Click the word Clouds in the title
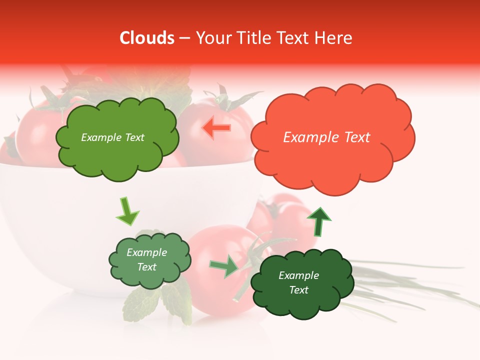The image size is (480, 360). click(x=146, y=38)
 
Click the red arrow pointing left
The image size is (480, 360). click(x=216, y=128)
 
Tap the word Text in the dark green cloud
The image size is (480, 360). click(x=299, y=290)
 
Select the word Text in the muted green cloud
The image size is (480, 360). click(x=147, y=267)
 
